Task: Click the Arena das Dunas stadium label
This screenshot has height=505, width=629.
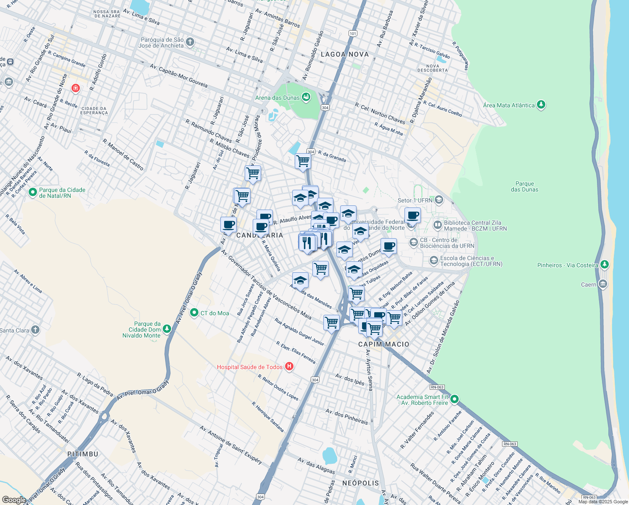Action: pos(277,98)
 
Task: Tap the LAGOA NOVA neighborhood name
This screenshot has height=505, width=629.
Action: pos(344,54)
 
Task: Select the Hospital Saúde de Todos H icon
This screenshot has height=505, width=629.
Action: pos(289,367)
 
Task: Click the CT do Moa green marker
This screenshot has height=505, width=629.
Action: pos(194,313)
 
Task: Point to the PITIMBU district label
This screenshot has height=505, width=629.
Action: pos(83,454)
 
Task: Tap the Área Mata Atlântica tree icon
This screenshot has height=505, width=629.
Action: pos(541,105)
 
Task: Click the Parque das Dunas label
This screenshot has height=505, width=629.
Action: pos(524,186)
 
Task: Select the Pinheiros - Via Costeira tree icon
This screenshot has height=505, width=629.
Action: pos(604,265)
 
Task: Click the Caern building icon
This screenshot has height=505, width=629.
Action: pos(603,284)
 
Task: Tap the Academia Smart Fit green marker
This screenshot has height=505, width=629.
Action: pos(454,399)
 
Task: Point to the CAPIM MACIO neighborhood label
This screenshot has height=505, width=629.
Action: pos(383,344)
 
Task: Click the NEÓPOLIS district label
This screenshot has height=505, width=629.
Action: pos(360,483)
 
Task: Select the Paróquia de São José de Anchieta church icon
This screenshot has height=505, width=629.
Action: pos(190,42)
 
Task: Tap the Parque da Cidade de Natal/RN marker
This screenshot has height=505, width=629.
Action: pos(32,192)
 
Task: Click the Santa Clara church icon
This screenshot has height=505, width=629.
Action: pos(35,330)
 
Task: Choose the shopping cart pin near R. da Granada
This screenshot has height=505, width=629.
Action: pos(303,161)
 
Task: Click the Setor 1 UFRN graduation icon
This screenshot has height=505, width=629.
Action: pos(439,200)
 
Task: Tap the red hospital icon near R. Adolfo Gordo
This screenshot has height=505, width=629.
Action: pos(76,88)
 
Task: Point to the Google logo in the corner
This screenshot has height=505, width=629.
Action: pos(13,500)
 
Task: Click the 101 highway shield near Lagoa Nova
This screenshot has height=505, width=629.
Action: pos(352,33)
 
